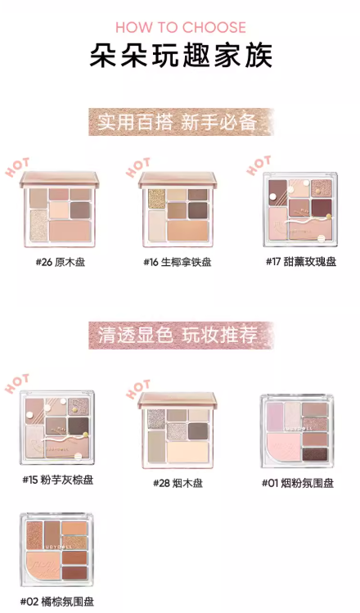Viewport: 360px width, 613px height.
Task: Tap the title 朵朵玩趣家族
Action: pos(180,55)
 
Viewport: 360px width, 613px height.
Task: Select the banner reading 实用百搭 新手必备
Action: pos(180,123)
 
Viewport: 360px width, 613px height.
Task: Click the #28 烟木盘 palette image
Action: pos(178,430)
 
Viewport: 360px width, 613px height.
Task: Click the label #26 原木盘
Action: pos(57,262)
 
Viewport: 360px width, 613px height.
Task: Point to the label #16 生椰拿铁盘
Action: pos(178,262)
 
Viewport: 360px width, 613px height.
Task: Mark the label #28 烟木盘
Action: pos(178,483)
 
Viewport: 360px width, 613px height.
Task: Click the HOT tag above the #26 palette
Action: pos(17,168)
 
